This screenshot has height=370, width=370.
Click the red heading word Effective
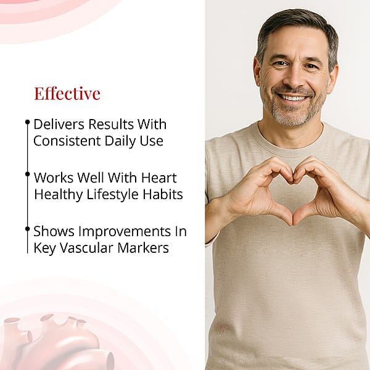[x=67, y=94]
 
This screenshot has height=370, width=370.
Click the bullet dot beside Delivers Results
[x=28, y=122]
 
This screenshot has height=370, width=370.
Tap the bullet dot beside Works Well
[x=28, y=175]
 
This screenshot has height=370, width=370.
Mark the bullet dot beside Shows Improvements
[x=28, y=229]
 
